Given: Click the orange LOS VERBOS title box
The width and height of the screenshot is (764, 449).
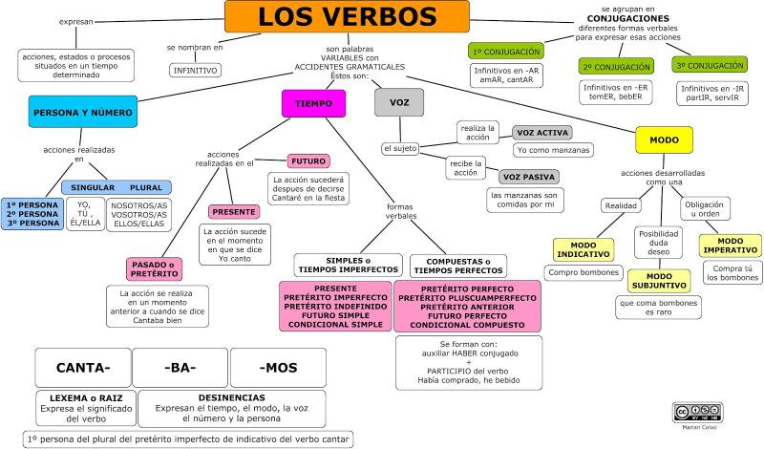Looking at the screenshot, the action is click(347, 16).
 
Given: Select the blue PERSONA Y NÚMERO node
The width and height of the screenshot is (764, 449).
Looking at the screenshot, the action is click(83, 112).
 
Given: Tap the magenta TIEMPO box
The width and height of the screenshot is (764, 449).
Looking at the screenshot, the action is click(314, 103).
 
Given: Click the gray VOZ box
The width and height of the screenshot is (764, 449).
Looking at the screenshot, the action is click(399, 102).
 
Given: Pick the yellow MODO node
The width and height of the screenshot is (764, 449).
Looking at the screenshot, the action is click(664, 139).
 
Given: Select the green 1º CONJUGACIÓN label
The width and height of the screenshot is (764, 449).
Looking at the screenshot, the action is click(506, 52).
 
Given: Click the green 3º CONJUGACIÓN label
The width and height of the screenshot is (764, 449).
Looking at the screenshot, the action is click(710, 65).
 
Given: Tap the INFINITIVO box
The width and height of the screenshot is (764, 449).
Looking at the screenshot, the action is click(196, 70).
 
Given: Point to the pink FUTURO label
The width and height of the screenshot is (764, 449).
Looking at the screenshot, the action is click(308, 160).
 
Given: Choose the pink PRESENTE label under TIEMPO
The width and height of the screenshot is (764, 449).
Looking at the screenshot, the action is click(234, 212).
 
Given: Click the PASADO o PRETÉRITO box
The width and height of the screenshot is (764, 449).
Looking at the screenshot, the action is click(154, 269).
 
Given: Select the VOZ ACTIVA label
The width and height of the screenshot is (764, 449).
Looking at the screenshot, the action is click(542, 133).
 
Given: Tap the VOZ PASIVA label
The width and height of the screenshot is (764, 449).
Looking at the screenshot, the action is click(529, 177).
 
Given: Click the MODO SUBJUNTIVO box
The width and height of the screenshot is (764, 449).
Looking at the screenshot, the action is click(659, 281).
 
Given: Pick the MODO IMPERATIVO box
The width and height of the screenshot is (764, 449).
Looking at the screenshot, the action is click(730, 246).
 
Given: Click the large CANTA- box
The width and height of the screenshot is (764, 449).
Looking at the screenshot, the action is click(83, 368).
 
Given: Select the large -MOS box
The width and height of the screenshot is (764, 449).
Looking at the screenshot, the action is click(278, 368).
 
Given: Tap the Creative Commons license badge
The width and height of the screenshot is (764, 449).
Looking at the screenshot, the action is click(698, 413).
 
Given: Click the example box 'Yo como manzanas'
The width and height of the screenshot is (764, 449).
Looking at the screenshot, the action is click(553, 150).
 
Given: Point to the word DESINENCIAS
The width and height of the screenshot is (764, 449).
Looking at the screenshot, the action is click(231, 397).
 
